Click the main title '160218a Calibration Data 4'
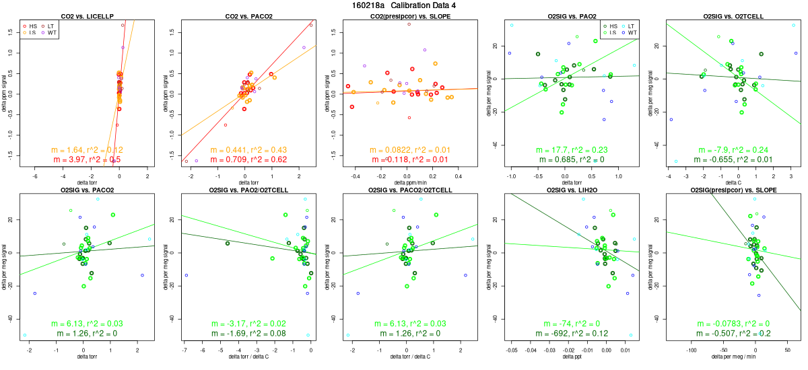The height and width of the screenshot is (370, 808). (x=404, y=5)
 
